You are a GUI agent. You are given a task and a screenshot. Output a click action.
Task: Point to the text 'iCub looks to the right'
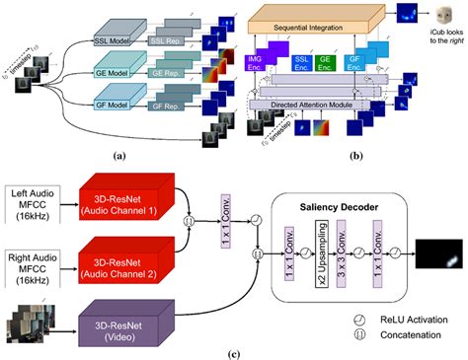(x=438, y=50)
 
